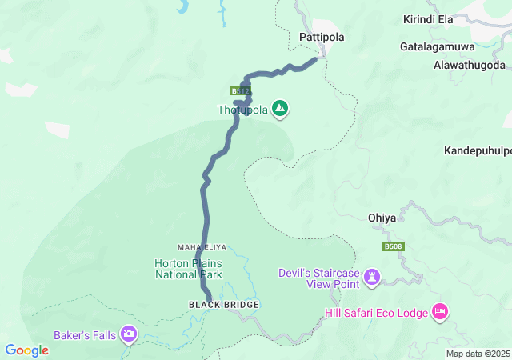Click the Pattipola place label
click(320, 37)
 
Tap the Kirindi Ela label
click(428, 18)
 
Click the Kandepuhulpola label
click(478, 150)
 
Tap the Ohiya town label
click(382, 217)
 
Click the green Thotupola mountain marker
click(280, 108)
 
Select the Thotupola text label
click(243, 110)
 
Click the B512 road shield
click(241, 91)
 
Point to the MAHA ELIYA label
click(198, 246)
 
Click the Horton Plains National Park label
click(188, 269)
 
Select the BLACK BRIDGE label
click(213, 305)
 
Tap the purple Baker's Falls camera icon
click(129, 334)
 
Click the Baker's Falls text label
click(85, 334)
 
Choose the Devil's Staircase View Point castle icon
click(371, 278)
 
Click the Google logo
click(26, 350)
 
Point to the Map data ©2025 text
click(477, 354)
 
